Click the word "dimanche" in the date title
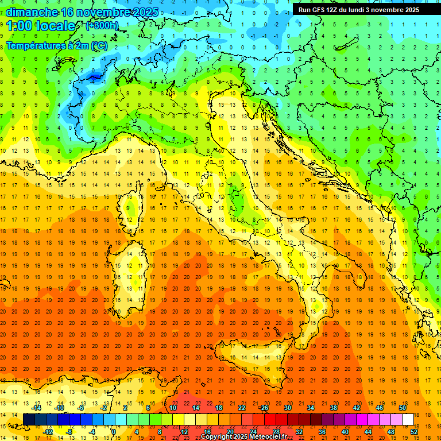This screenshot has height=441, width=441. (32, 12)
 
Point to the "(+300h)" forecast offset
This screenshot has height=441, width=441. (102, 26)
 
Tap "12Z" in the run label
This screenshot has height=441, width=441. (336, 10)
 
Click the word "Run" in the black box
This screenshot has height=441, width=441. (304, 10)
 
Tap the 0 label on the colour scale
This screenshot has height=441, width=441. (113, 432)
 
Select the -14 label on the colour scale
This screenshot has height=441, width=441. (36, 408)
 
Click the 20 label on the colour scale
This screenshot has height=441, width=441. (230, 432)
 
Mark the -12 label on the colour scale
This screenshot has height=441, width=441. (48, 432)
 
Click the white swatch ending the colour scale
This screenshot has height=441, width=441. (408, 419)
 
